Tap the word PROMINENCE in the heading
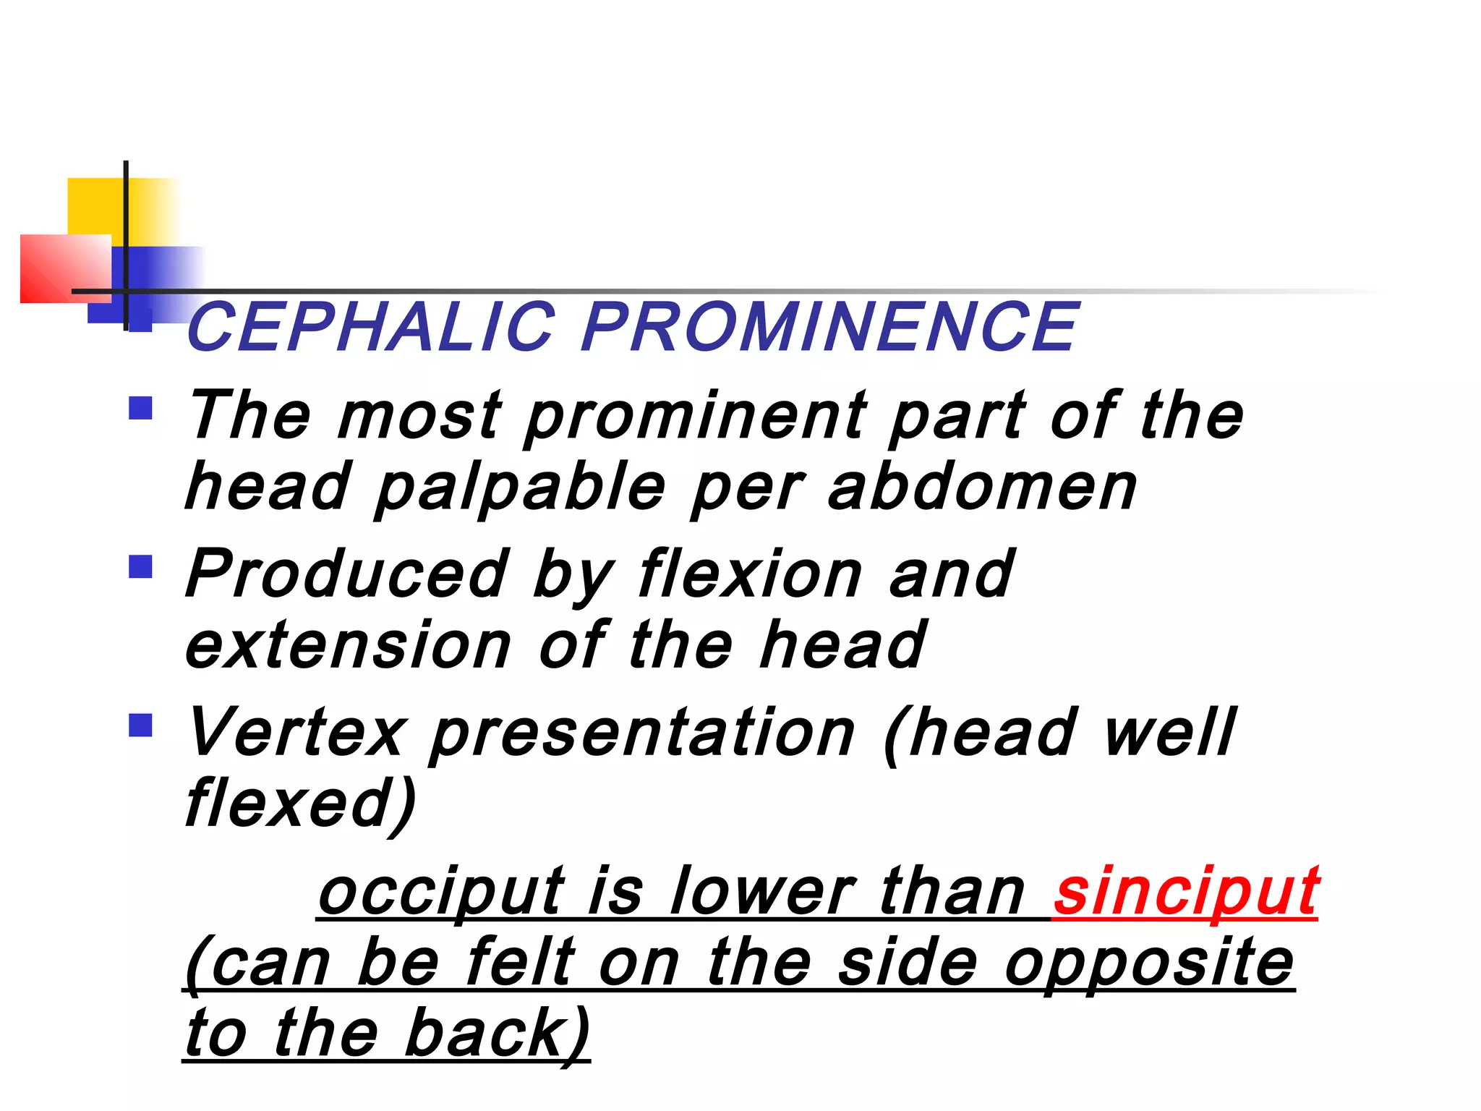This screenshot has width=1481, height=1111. (829, 327)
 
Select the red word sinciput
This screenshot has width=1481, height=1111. (1186, 891)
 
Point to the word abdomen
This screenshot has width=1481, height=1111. (982, 488)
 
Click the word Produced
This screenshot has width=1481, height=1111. (346, 574)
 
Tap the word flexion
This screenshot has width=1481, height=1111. (750, 574)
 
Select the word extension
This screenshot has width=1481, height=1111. (348, 645)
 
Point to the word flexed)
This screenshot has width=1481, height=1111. (301, 804)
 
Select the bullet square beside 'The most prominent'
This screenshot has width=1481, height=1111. (140, 408)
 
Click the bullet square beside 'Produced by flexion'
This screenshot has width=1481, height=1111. (140, 566)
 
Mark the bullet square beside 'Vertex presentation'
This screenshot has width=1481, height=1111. (140, 725)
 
